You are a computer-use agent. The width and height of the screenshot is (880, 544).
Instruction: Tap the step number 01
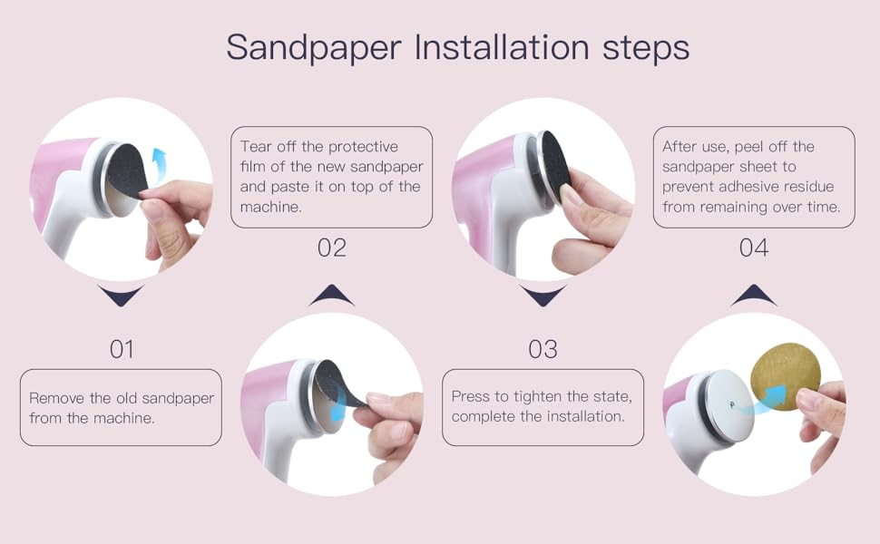(x=122, y=349)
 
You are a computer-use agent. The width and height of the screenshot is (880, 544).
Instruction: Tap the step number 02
(x=332, y=248)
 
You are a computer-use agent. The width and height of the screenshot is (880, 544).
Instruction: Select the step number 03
(x=543, y=349)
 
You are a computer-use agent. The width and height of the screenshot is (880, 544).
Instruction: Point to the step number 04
(x=753, y=248)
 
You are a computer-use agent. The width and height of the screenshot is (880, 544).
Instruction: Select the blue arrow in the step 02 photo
(x=337, y=408)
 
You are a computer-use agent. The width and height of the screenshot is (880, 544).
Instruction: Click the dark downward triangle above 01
(x=122, y=296)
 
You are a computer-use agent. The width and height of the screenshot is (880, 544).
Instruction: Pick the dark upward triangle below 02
(x=332, y=296)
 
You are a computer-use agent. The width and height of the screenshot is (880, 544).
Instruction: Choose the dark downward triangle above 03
(x=543, y=296)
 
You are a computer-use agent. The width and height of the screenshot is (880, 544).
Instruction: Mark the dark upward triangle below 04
(x=753, y=296)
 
